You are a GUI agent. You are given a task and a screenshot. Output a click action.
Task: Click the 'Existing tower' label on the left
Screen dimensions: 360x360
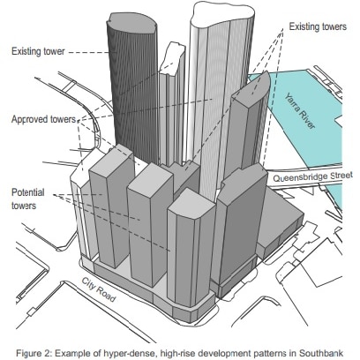pyautogui.click(x=38, y=51)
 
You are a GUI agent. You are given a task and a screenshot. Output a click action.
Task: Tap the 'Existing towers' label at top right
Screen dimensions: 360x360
pyautogui.click(x=318, y=26)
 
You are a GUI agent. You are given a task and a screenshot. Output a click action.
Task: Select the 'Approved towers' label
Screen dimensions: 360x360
pyautogui.click(x=43, y=119)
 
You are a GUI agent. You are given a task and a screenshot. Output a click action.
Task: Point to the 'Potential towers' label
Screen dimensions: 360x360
pyautogui.click(x=28, y=199)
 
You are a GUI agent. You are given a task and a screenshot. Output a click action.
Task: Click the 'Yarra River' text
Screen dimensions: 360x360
pyautogui.click(x=300, y=111)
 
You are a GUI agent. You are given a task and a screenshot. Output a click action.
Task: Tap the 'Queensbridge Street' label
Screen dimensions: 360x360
pyautogui.click(x=313, y=176)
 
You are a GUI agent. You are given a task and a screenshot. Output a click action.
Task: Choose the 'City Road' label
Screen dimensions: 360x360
pyautogui.click(x=99, y=289)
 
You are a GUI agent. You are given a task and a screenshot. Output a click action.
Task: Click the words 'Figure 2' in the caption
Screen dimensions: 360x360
pyautogui.click(x=34, y=353)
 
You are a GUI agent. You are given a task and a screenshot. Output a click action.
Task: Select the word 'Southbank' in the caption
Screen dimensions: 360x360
pyautogui.click(x=321, y=353)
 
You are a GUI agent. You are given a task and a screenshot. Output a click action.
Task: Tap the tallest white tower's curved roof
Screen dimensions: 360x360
pyautogui.click(x=222, y=12)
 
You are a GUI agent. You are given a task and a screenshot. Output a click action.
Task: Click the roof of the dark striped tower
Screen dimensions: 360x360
pyautogui.click(x=132, y=22)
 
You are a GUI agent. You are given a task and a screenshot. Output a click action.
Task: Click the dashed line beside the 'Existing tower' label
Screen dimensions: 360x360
pyautogui.click(x=89, y=53)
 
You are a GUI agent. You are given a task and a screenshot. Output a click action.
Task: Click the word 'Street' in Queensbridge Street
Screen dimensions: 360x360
pyautogui.click(x=341, y=176)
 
